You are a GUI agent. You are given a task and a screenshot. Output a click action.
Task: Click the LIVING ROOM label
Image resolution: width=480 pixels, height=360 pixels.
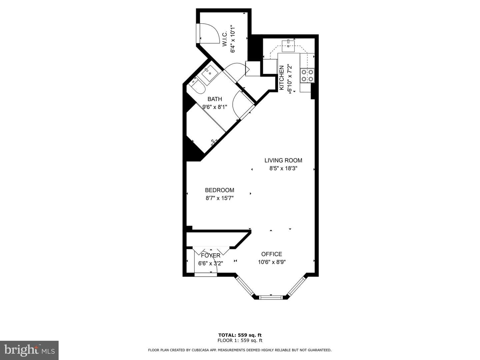click(283, 160)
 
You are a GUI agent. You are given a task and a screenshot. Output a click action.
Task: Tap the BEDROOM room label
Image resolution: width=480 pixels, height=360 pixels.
click(220, 190)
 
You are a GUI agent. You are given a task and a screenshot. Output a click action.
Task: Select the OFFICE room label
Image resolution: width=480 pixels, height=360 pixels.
click(272, 254)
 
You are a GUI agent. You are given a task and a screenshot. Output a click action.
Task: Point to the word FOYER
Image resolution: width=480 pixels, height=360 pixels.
click(211, 256)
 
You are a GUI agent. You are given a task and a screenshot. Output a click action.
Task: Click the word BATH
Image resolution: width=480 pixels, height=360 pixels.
click(215, 99)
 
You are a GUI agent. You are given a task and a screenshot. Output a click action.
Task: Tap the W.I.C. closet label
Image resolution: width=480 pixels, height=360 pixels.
click(225, 38)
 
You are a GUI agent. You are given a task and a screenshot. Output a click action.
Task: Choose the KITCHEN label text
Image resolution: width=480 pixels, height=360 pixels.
click(282, 78)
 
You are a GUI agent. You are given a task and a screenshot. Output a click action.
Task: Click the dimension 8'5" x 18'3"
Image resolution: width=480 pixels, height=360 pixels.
click(283, 168)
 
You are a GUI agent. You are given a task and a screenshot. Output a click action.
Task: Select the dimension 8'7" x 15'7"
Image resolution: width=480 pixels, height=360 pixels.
click(220, 198)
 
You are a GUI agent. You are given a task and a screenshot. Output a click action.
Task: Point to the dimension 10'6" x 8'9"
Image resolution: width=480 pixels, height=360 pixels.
click(272, 262)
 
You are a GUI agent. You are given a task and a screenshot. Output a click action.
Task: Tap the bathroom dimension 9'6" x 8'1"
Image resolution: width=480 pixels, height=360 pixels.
click(215, 107)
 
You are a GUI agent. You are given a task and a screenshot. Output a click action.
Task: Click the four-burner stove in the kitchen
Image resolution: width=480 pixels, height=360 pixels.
click(307, 75)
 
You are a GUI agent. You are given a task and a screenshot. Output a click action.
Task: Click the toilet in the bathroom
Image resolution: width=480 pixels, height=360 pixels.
click(198, 87)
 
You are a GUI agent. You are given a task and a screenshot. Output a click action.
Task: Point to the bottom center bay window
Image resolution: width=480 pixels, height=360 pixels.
click(271, 297)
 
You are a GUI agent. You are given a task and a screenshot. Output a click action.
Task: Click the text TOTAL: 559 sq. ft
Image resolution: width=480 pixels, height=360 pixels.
click(240, 335)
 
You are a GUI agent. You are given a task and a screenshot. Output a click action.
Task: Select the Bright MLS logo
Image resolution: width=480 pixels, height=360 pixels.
click(29, 350)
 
